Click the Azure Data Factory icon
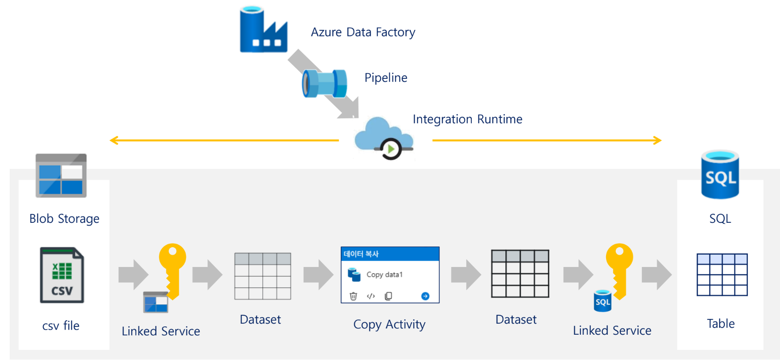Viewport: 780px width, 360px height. click(x=263, y=29)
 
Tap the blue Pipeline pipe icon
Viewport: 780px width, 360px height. click(x=324, y=83)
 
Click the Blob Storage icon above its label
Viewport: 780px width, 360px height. click(x=61, y=175)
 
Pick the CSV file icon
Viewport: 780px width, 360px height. click(x=62, y=275)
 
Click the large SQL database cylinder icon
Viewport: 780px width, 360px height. click(x=720, y=174)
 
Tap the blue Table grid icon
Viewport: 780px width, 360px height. click(x=722, y=274)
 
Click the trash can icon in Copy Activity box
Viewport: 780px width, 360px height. click(x=353, y=296)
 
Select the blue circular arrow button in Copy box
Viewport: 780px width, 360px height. click(x=425, y=296)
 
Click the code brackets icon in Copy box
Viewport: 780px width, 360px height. click(x=371, y=296)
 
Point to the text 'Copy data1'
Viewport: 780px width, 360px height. click(x=384, y=275)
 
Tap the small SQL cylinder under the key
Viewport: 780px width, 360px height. click(x=602, y=301)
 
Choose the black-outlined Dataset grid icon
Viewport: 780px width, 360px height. click(x=520, y=273)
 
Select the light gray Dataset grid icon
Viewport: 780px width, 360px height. click(x=263, y=276)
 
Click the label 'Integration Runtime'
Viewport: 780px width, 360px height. click(x=467, y=119)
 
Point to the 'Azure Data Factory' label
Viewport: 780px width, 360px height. click(x=363, y=32)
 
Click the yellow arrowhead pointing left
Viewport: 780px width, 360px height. click(x=114, y=140)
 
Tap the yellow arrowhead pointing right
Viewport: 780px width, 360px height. click(x=658, y=140)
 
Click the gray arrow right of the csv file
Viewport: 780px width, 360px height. click(x=133, y=275)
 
